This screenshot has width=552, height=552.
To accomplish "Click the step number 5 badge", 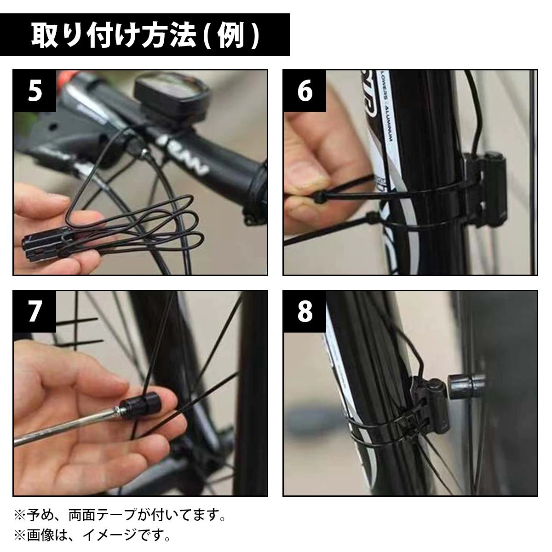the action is click(34, 91).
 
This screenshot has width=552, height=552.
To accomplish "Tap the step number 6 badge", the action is click(305, 91).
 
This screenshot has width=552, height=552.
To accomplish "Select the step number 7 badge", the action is click(34, 312).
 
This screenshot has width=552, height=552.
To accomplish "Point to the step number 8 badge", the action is click(305, 312).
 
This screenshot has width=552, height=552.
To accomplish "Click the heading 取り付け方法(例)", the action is click(145, 35).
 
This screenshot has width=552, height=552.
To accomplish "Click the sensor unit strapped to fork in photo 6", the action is click(484, 189).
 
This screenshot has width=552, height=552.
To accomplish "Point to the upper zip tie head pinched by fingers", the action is click(319, 197).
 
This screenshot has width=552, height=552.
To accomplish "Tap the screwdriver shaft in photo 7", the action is click(66, 427).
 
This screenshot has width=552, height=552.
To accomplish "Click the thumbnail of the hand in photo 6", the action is click(305, 173).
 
